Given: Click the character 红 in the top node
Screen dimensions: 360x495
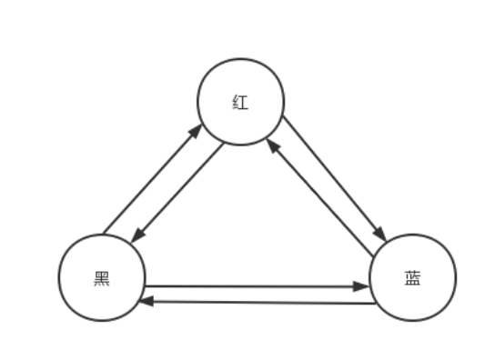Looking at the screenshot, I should (x=241, y=102).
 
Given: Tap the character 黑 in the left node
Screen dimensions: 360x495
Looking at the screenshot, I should (x=102, y=278).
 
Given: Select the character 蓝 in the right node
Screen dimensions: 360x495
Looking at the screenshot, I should (x=412, y=278).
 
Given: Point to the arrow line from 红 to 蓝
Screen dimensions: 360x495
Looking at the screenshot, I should (x=334, y=178).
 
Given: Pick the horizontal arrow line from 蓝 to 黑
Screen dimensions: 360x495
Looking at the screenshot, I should (x=259, y=301).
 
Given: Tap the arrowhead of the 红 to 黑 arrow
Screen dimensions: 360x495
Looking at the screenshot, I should (x=136, y=236).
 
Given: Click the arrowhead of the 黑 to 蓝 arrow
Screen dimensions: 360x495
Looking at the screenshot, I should (x=361, y=287).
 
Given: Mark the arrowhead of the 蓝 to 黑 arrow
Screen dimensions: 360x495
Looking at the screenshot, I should (x=145, y=300).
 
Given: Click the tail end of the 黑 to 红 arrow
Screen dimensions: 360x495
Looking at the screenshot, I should (x=104, y=233).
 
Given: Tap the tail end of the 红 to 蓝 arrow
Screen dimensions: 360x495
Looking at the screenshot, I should (x=283, y=116).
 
